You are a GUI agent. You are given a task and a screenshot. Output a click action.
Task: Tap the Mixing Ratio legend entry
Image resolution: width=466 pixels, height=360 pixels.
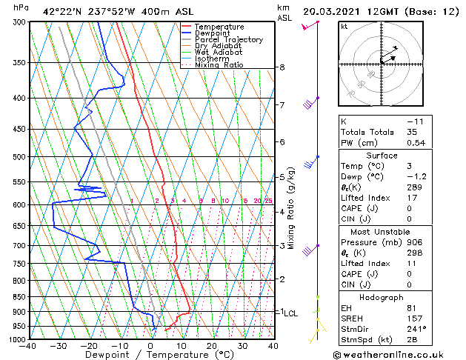point(219,65)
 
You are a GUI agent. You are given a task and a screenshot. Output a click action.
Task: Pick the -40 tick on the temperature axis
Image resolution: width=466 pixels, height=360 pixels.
point(29,346)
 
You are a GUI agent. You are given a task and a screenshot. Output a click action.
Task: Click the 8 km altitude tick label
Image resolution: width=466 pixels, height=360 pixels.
point(282,67)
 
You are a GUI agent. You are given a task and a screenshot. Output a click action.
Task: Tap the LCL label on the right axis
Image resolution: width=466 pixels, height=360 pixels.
point(290,313)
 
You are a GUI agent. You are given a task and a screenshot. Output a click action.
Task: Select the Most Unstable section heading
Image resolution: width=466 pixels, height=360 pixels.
point(382,232)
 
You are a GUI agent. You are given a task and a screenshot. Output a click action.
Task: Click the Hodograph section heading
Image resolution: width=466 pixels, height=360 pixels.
point(382,296)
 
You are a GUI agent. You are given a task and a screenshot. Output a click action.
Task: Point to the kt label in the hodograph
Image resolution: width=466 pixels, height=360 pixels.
point(344,26)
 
